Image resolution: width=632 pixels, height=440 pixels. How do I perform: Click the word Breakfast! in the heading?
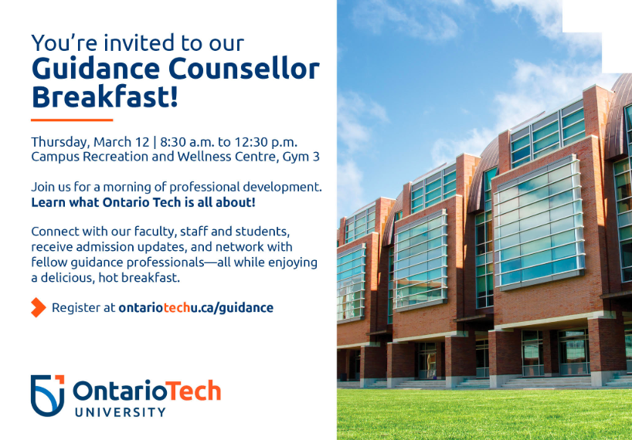[104, 96]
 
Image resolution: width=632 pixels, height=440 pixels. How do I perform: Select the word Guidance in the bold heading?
[96, 69]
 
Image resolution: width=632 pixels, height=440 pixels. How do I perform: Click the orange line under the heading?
[72, 120]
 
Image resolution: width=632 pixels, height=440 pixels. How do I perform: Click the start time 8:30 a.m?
[187, 142]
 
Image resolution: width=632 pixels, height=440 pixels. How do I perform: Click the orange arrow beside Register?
[39, 307]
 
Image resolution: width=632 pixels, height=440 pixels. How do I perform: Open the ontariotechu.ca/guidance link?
[196, 308]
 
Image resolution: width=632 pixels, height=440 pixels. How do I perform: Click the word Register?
[76, 308]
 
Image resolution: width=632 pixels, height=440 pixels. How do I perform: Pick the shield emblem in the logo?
[48, 395]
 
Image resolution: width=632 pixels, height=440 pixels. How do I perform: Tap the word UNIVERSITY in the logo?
[120, 412]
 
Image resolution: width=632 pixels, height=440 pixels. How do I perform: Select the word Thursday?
[60, 143]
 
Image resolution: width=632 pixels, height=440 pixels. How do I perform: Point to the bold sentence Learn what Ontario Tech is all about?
[144, 202]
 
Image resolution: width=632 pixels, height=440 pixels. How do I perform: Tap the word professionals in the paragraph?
[165, 262]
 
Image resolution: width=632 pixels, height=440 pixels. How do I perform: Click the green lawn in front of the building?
[484, 415]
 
